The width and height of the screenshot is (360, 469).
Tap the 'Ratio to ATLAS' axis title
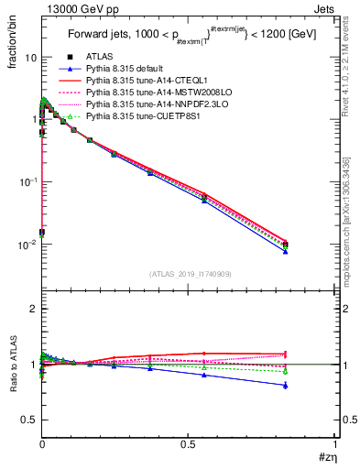13,390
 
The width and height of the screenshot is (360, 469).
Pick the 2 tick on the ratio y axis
34,309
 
